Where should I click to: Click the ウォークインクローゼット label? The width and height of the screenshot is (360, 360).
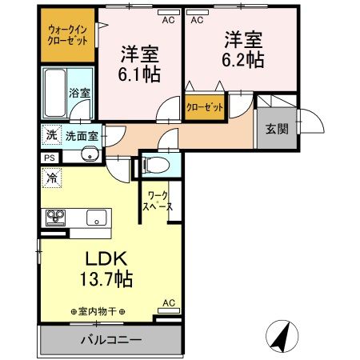click(68, 34)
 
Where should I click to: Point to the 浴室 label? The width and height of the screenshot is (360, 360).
click(78, 94)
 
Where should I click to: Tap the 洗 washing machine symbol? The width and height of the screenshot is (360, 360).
click(50, 135)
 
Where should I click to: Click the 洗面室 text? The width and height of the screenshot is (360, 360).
click(81, 136)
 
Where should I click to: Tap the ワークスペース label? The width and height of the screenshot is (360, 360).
click(155, 200)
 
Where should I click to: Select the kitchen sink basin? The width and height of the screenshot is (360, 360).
click(96, 216)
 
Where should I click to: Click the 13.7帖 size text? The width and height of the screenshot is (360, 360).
click(104, 280)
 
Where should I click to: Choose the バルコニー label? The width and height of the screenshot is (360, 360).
click(110, 340)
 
